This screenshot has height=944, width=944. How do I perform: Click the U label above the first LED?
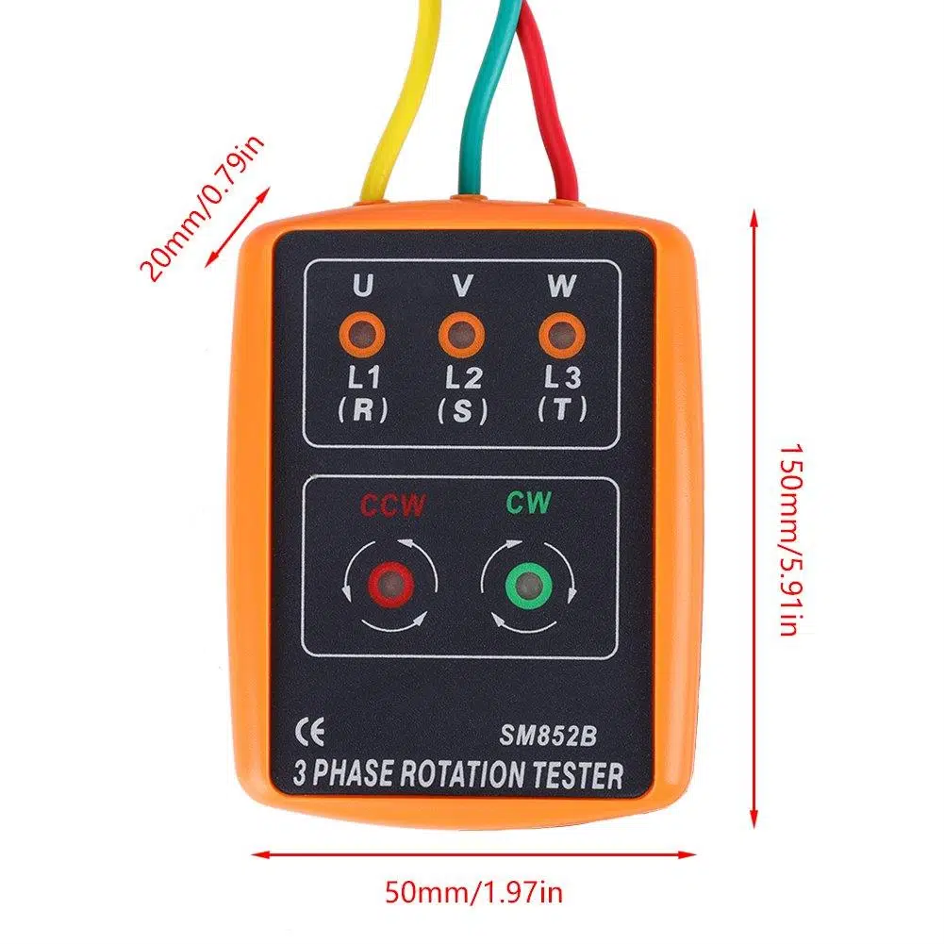click(362, 286)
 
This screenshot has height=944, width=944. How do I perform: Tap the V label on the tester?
click(462, 286)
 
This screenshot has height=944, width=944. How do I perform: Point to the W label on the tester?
click(562, 286)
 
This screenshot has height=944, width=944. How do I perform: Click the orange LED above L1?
click(362, 335)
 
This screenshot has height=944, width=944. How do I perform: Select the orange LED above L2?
click(462, 335)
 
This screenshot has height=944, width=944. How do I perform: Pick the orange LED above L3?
click(562, 335)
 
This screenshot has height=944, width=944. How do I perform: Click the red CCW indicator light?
click(390, 585)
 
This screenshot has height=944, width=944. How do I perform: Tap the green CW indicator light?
click(529, 585)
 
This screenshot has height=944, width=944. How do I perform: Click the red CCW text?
click(392, 505)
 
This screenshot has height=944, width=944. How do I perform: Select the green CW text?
click(529, 503)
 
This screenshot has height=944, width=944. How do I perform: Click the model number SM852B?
click(548, 735)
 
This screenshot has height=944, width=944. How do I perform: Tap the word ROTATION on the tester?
click(462, 774)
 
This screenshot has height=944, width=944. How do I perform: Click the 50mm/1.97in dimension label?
click(473, 891)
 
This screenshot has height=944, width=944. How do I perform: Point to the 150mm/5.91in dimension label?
click(791, 540)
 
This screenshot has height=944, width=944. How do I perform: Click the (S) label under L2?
click(462, 411)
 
